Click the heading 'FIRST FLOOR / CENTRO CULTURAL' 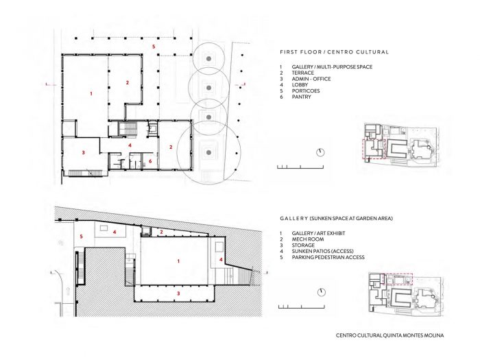pos(335,52)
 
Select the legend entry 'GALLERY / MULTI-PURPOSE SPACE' pos(332,67)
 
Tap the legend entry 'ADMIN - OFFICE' pos(311,79)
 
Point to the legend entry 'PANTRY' pos(301,97)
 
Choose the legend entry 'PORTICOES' pos(306,91)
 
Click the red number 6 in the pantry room pos(150,160)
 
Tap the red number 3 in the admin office pos(83,152)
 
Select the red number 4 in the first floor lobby pos(130,145)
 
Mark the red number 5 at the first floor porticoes pos(154,47)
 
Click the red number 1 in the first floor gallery pos(91,93)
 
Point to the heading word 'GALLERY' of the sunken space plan pos(293,219)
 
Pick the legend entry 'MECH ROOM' pos(308,239)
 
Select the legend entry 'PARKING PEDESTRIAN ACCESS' pos(328,257)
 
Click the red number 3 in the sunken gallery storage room pos(178,293)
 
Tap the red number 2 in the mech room pos(161,232)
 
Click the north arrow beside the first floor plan pos(320,152)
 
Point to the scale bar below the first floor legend pos(300,167)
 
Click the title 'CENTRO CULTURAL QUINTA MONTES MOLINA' pos(389,335)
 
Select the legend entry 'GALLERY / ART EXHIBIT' pos(318,233)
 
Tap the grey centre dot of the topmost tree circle pos(208,58)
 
